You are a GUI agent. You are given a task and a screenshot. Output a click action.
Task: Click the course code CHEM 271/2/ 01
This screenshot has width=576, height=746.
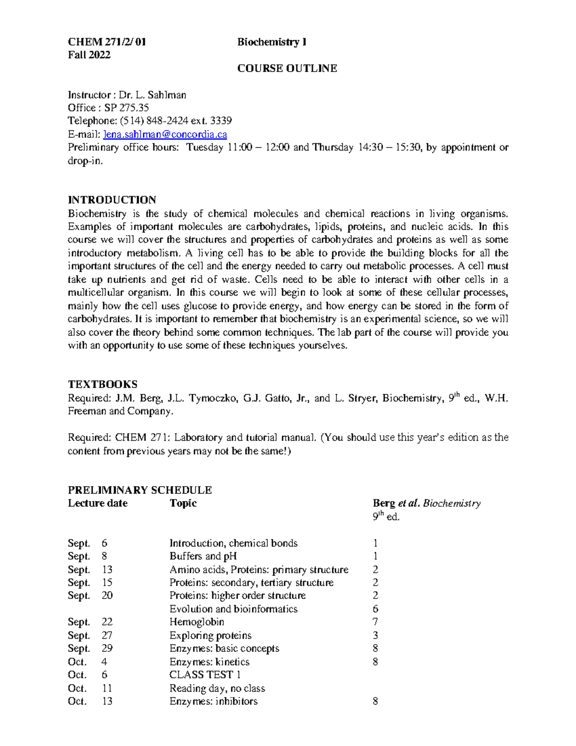[x=107, y=42]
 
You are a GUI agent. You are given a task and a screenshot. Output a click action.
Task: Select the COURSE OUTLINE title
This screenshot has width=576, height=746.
[x=287, y=68]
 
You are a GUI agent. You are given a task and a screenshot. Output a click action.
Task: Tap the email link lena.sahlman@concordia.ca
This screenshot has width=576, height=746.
[x=165, y=134]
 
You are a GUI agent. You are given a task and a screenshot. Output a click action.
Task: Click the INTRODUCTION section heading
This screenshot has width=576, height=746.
[x=112, y=200]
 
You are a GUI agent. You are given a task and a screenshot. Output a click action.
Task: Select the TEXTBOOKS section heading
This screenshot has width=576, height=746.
[x=103, y=384]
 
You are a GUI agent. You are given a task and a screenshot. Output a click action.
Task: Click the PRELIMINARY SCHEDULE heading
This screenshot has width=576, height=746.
[x=140, y=490]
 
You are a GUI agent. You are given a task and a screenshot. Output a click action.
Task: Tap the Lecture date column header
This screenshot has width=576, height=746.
[x=97, y=503]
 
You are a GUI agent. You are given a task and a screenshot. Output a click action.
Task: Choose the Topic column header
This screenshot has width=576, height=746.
[x=183, y=503]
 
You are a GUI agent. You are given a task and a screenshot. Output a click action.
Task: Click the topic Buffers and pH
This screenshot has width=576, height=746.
[x=203, y=556]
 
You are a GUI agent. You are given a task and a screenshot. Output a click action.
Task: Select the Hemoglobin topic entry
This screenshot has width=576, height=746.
[x=197, y=622]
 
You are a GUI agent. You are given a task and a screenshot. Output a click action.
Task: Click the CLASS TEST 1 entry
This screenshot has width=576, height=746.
[x=205, y=674]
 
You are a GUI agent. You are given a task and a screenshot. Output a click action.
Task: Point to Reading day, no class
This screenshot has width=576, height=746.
[x=217, y=688]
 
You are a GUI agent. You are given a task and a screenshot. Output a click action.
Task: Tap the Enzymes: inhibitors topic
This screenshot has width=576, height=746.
[x=213, y=701]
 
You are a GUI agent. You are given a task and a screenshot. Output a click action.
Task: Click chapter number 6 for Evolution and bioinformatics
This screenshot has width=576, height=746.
[x=375, y=609]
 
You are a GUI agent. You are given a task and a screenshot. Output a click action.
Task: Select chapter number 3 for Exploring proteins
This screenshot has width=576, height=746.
[x=375, y=636]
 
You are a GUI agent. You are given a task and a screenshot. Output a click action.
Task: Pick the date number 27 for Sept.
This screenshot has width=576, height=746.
[x=107, y=636]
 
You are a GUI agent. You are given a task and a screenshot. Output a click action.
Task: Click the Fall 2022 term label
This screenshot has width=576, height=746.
[x=89, y=55]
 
